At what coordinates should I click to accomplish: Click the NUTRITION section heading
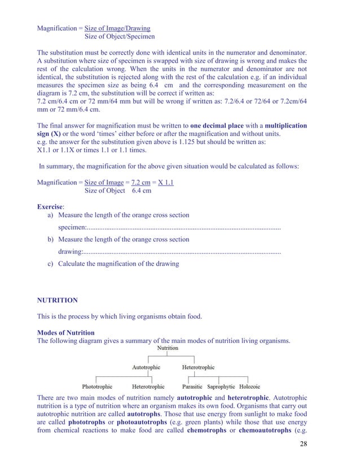57,300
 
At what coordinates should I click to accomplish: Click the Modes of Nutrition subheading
65,332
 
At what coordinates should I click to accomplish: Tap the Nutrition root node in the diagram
168,348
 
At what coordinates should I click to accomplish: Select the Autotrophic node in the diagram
146,367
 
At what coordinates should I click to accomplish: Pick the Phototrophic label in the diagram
97,386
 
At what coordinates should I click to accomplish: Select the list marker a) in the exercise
50,215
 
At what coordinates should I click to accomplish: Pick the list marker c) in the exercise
50,263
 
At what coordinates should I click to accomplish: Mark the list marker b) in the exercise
50,239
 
